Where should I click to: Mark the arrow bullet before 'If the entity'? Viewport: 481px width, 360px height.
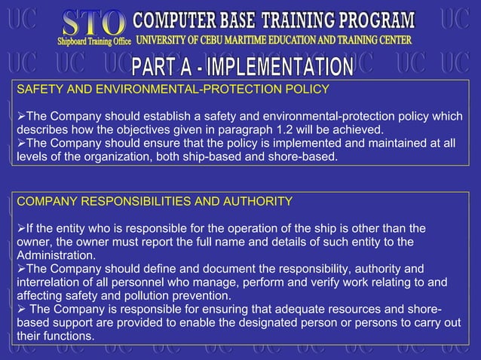(x=20, y=228)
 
